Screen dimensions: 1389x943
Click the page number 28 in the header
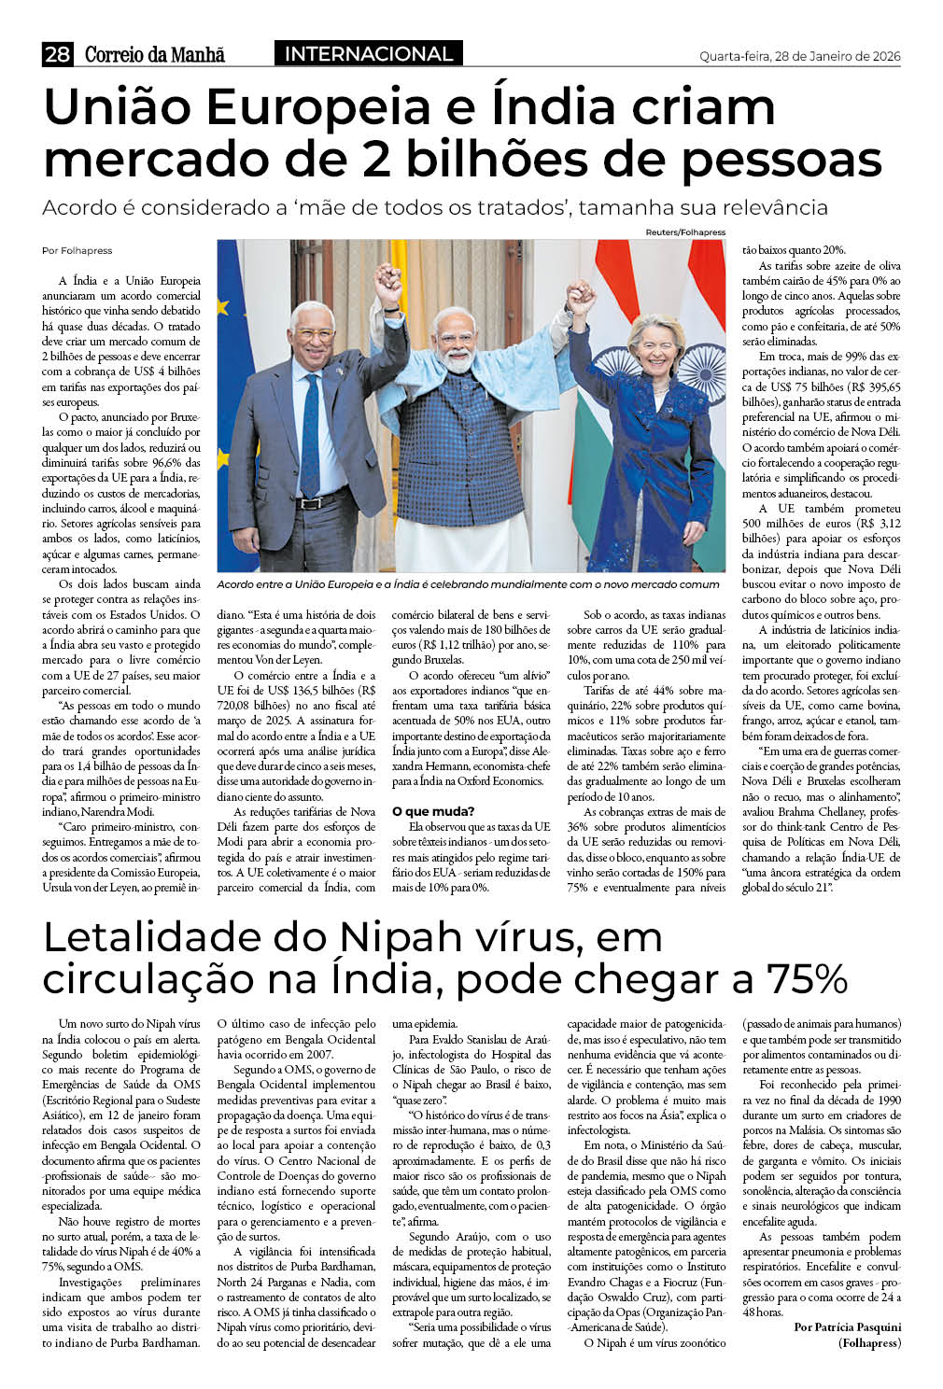click(x=57, y=55)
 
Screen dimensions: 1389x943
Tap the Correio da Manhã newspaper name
click(x=155, y=55)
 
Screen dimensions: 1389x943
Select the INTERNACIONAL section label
click(x=369, y=54)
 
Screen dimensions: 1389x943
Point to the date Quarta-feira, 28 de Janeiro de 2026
click(x=799, y=56)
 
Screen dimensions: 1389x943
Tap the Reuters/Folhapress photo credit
click(x=684, y=231)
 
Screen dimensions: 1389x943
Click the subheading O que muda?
click(x=433, y=811)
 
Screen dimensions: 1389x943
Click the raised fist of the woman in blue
click(x=583, y=298)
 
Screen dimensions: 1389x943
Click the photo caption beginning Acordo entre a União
click(x=467, y=584)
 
